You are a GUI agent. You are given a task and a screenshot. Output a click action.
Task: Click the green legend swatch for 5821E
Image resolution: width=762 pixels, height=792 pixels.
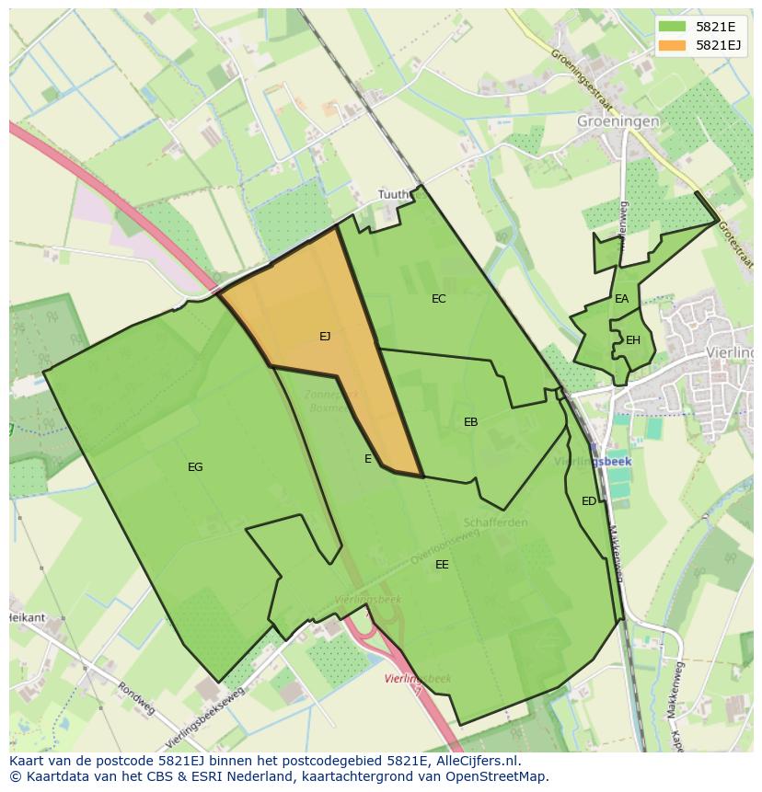pyautogui.click(x=672, y=27)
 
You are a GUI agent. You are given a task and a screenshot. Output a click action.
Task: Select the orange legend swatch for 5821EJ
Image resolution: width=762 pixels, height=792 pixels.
pyautogui.click(x=672, y=45)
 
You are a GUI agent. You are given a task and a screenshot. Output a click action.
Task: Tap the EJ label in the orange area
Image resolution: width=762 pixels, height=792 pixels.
pyautogui.click(x=325, y=337)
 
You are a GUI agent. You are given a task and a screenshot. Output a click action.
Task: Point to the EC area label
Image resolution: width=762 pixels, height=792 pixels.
pyautogui.click(x=438, y=299)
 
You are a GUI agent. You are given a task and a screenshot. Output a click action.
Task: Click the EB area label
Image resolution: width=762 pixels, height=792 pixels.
pyautogui.click(x=470, y=422)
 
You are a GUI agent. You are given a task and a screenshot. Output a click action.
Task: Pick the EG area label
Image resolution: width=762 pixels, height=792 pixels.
pyautogui.click(x=195, y=467)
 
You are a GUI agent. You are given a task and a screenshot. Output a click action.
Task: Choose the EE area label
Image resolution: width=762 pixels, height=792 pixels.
pyautogui.click(x=442, y=565)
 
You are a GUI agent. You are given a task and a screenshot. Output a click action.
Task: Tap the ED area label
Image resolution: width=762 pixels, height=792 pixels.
pyautogui.click(x=588, y=501)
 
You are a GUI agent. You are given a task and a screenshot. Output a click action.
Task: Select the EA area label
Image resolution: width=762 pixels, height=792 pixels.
pyautogui.click(x=622, y=299)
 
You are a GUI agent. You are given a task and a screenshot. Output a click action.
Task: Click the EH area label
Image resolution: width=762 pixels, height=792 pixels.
pyautogui.click(x=632, y=340)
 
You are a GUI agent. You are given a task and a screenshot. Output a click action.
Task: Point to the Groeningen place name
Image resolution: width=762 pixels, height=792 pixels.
pyautogui.click(x=618, y=121)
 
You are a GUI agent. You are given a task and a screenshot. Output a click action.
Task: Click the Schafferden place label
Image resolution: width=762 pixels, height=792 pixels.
pyautogui.click(x=496, y=522)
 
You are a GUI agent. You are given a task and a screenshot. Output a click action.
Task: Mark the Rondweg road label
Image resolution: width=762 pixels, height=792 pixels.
pyautogui.click(x=135, y=698)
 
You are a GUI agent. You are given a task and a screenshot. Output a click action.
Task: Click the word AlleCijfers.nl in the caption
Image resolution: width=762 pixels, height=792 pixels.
pyautogui.click(x=478, y=761)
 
